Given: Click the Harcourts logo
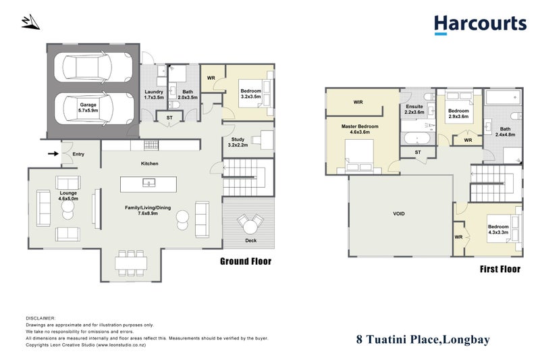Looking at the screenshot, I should coord(480,24).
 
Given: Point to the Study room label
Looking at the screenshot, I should coord(238,142).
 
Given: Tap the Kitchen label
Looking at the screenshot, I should coord(149,164).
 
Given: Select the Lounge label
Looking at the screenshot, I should coord(67,197).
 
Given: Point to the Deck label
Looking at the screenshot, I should coord(249,240).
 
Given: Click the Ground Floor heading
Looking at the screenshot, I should coord(246,261).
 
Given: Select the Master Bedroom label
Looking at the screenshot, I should coord(360,130).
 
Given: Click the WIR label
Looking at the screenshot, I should coord(357,103).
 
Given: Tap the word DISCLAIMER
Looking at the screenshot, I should coord(41,317).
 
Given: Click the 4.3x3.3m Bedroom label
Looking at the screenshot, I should coord(499,230).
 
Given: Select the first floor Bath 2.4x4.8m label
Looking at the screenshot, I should coord(505,132).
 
